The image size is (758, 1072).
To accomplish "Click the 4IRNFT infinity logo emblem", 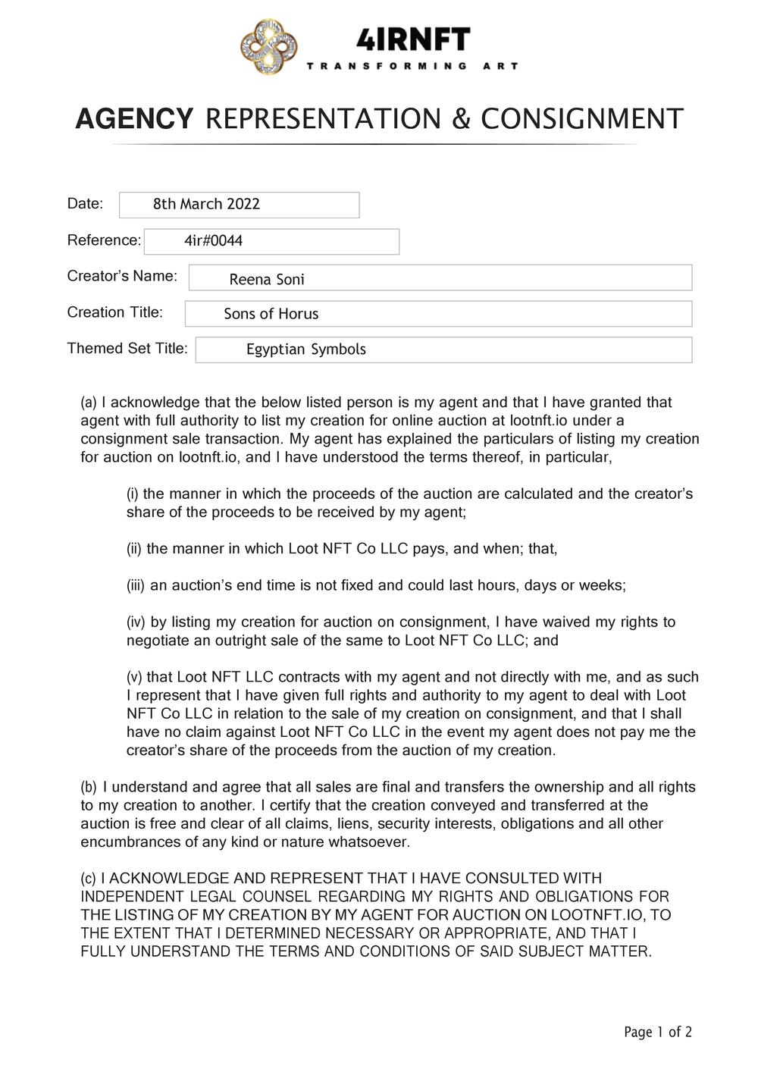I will pyautogui.click(x=268, y=48).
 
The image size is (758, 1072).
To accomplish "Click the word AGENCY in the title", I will pyautogui.click(x=134, y=120).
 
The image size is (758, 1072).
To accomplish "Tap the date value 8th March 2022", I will pyautogui.click(x=206, y=204).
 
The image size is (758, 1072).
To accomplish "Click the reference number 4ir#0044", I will pyautogui.click(x=213, y=241).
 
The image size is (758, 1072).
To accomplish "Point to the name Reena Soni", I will pyautogui.click(x=267, y=279).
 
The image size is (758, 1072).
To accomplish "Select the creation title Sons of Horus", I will pyautogui.click(x=271, y=314).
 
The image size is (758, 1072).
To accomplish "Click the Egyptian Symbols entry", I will pyautogui.click(x=305, y=349).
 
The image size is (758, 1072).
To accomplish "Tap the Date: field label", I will pyautogui.click(x=85, y=203).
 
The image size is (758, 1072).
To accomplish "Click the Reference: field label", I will pyautogui.click(x=104, y=240).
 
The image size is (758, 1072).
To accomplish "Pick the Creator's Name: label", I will pyautogui.click(x=122, y=276).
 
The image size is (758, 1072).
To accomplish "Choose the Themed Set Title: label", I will pyautogui.click(x=127, y=349).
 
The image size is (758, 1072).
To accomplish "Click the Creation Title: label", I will pyautogui.click(x=114, y=312).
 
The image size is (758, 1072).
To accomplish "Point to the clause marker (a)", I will pyautogui.click(x=89, y=403).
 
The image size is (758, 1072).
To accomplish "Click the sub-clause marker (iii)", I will pyautogui.click(x=136, y=585).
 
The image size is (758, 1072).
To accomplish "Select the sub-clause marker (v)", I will pyautogui.click(x=134, y=677).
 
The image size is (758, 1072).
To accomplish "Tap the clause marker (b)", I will pyautogui.click(x=89, y=787).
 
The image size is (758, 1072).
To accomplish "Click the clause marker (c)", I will pyautogui.click(x=89, y=879).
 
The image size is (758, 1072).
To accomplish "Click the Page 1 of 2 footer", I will pyautogui.click(x=657, y=1032).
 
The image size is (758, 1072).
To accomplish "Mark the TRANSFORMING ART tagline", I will pyautogui.click(x=412, y=66).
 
